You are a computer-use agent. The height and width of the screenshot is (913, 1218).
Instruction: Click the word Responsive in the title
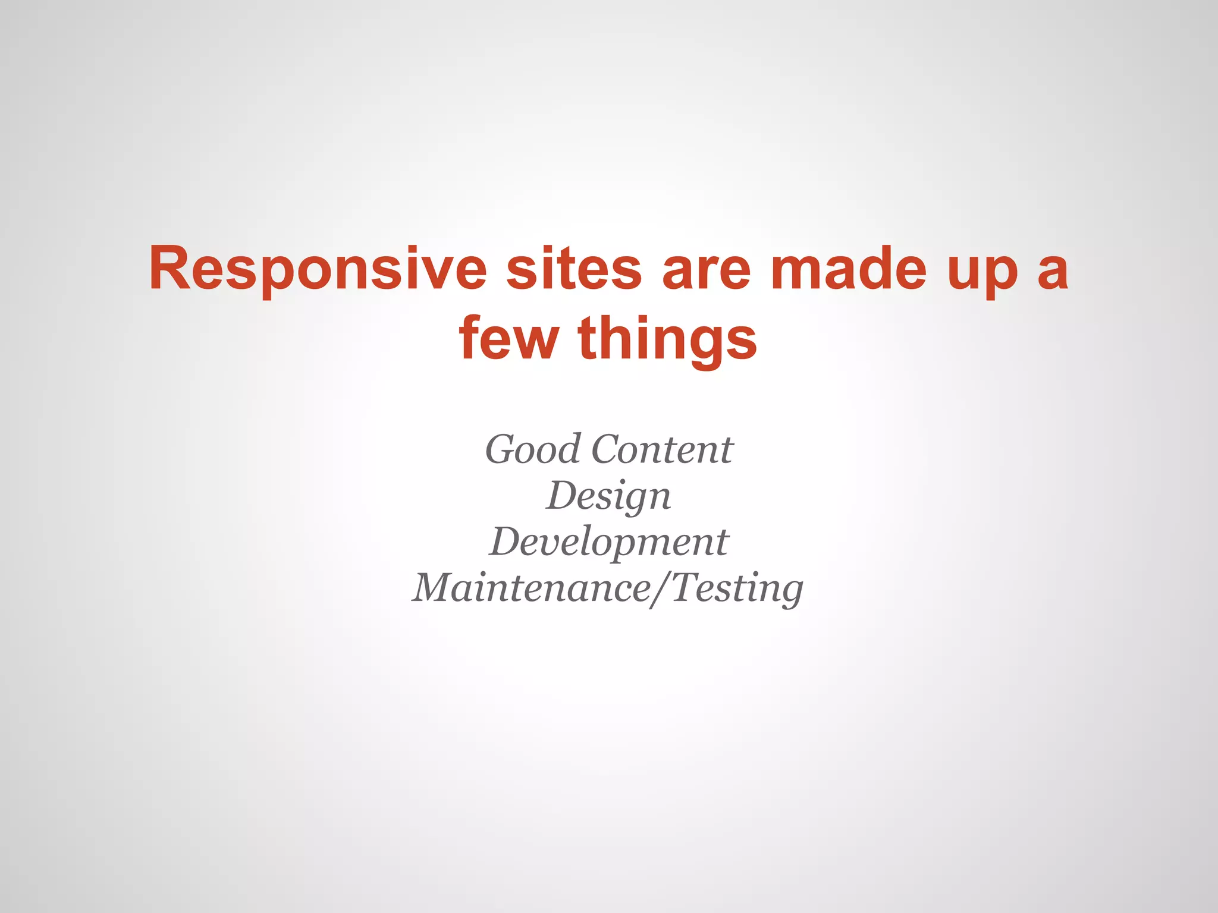pyautogui.click(x=318, y=270)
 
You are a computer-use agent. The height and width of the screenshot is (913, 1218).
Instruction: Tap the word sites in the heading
pyautogui.click(x=574, y=270)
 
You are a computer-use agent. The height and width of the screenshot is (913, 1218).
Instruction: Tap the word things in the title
pyautogui.click(x=667, y=339)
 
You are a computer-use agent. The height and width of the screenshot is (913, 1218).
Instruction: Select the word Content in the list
pyautogui.click(x=663, y=449)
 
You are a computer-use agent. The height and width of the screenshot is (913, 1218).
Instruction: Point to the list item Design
pyautogui.click(x=608, y=496)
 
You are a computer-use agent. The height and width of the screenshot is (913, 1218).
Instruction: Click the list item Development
pyautogui.click(x=608, y=542)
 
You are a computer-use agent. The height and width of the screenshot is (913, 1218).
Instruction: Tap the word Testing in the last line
pyautogui.click(x=737, y=588)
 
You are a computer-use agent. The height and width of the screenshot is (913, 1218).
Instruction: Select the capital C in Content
pyautogui.click(x=608, y=449)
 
